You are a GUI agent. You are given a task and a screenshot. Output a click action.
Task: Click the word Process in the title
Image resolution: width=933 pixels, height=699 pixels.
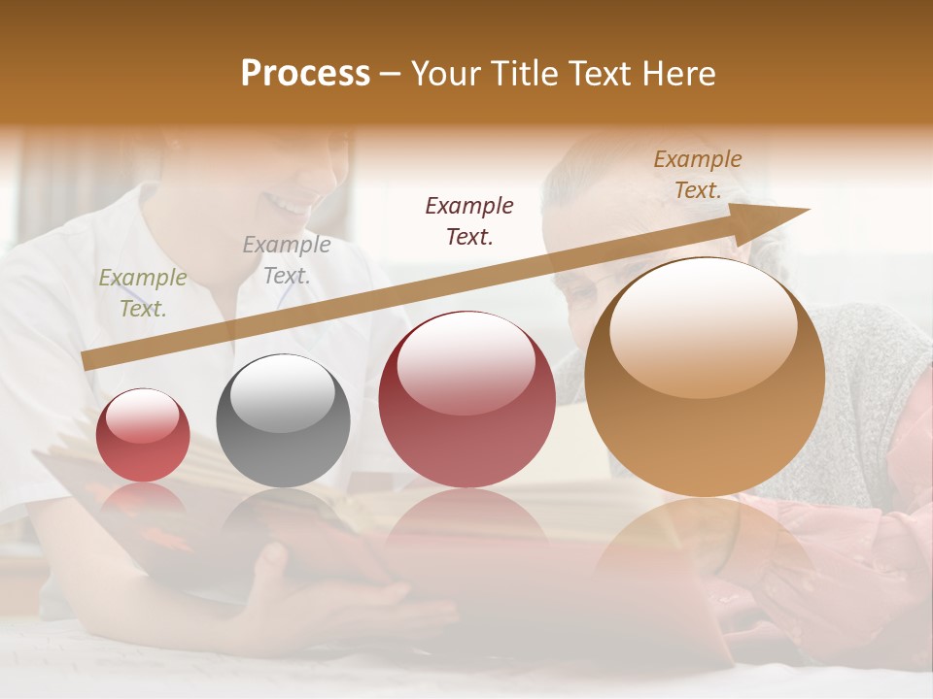pos(305,74)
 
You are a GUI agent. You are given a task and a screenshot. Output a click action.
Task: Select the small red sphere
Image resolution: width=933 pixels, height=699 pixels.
pos(143,436)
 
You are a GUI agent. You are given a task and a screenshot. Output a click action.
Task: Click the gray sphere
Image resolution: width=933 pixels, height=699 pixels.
pos(283,421)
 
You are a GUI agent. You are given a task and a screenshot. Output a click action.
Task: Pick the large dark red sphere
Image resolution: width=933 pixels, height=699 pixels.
pos(466,399)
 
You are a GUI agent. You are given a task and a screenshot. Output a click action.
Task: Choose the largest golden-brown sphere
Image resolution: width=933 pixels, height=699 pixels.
pos(705,377)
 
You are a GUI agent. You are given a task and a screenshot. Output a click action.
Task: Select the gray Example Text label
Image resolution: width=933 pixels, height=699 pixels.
pos(287,260)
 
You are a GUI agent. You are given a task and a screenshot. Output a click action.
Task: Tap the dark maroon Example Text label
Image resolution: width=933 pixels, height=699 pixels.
pos(469,221)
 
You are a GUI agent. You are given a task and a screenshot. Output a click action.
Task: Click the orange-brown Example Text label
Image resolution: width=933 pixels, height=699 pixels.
pos(698,175)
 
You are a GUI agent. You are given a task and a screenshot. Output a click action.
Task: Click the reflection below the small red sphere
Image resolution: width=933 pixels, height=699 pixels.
pos(143,500)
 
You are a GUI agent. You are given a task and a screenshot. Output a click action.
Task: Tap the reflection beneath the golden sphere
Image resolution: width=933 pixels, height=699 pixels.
pos(705,544)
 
